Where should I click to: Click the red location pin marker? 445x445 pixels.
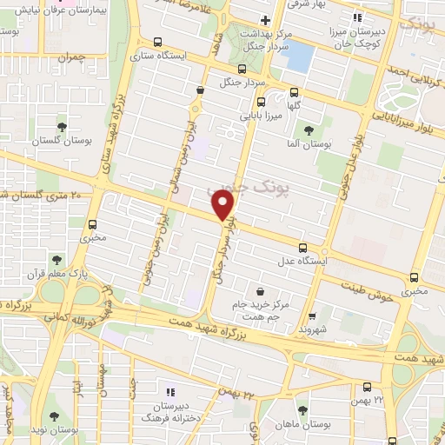pos(223,206)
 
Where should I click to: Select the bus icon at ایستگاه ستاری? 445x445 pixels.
pos(156,41)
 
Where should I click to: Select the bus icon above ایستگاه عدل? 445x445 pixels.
pos(302,248)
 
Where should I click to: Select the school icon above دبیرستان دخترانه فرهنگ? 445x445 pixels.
pos(170,392)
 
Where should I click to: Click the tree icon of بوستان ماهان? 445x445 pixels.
pos(302,410)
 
